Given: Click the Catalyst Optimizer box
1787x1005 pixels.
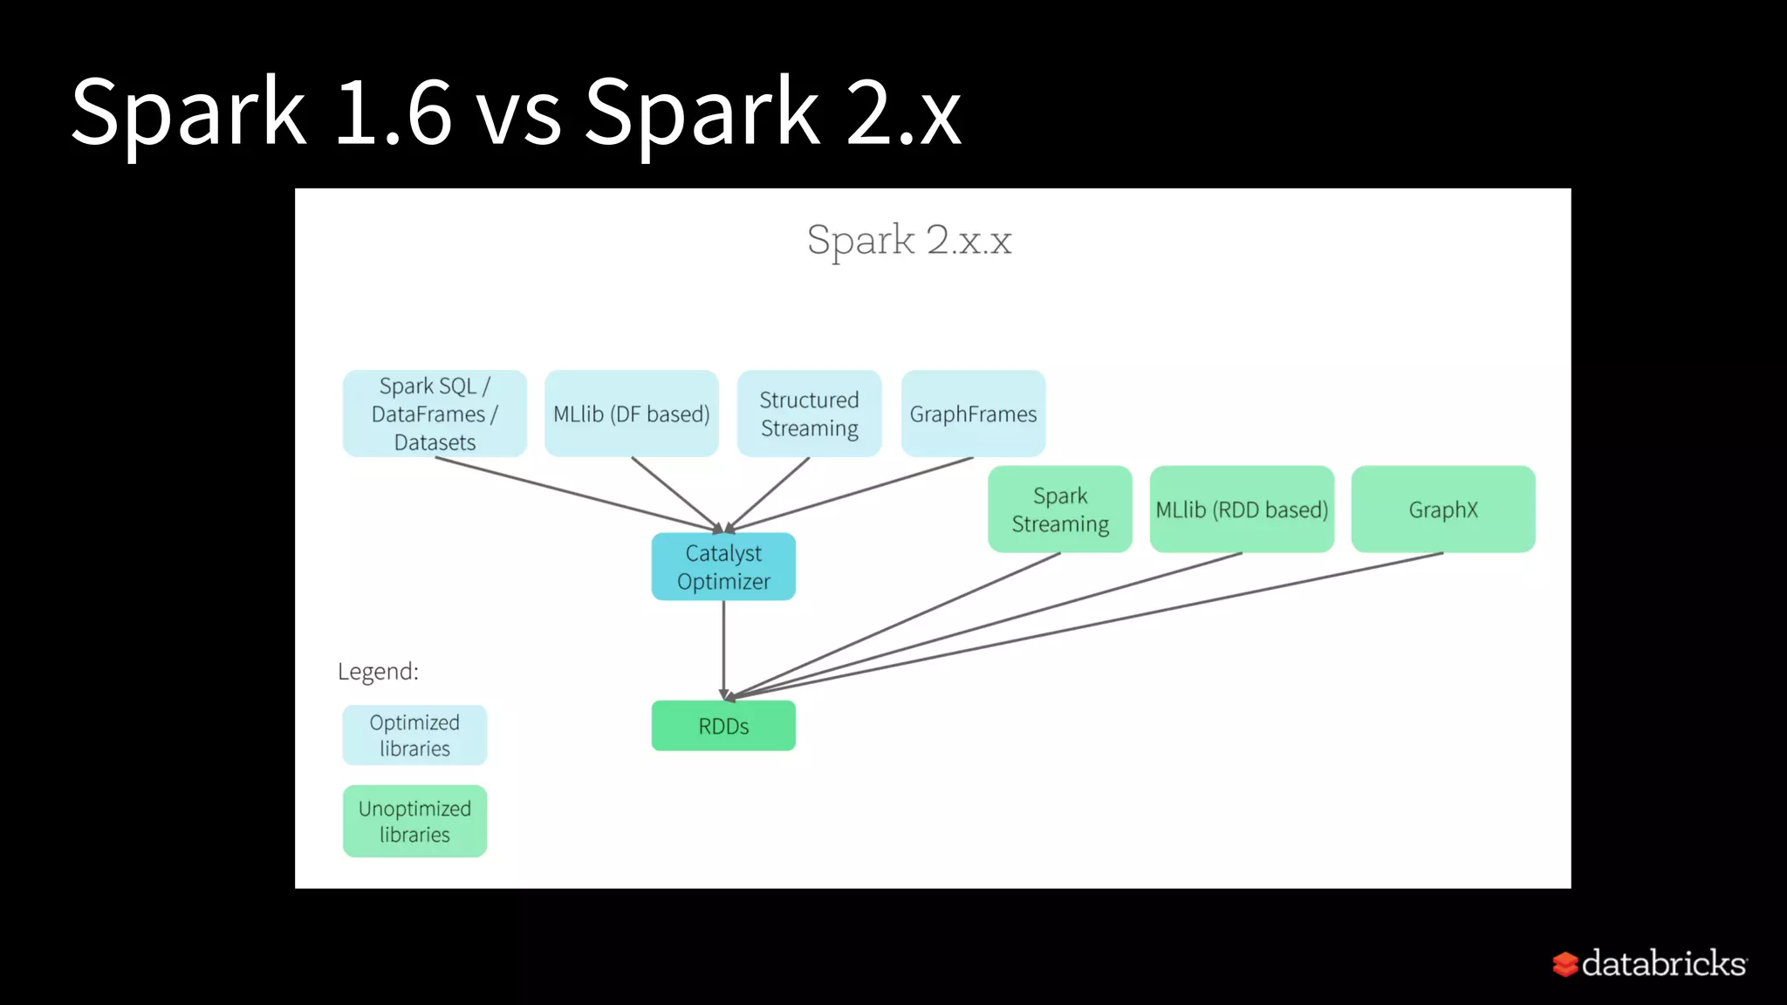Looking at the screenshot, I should pos(723,566).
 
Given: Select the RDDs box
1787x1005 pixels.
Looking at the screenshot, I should pos(723,726).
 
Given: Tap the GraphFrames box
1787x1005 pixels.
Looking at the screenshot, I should pos(973,414).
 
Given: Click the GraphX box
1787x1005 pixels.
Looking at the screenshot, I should pos(1442,509).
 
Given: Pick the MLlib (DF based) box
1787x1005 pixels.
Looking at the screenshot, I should pos(631,414).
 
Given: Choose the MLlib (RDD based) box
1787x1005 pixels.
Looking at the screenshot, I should pos(1242,509).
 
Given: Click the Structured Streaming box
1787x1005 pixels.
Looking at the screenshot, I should pos(809,414).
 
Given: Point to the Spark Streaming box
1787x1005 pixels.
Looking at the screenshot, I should pos(1059,509).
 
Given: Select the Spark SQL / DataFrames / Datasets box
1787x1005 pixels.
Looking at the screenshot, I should pos(435,414).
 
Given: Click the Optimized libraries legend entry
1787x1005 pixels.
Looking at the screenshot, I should pos(414,735).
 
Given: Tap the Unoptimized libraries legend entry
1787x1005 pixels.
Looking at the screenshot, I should pos(414,821).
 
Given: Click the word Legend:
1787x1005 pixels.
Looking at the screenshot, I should pos(378,671).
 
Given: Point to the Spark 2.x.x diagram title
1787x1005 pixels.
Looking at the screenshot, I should pos(908,240).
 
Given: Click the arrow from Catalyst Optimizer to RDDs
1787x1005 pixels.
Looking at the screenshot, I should pos(723,650).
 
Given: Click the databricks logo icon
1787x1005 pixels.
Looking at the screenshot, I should pos(1564,964).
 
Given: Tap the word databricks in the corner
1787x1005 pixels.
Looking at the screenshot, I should pos(1663,963).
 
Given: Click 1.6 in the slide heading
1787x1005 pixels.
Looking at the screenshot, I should pos(393,112).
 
